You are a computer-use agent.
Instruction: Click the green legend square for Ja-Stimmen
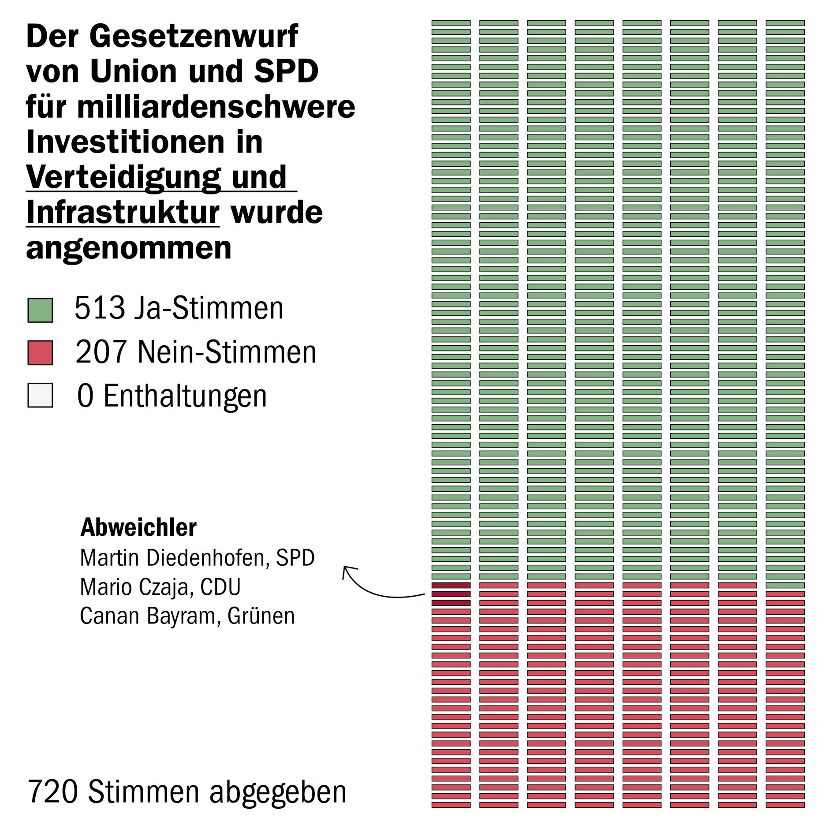click(40, 310)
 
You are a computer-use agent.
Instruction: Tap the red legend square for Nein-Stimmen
click(40, 352)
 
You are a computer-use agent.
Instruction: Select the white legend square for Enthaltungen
click(40, 395)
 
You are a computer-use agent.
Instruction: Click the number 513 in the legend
click(100, 308)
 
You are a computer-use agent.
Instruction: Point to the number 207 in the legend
click(101, 352)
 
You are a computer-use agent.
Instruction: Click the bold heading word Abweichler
click(138, 527)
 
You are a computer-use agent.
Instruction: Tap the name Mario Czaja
click(136, 587)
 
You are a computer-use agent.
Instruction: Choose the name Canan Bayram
click(148, 616)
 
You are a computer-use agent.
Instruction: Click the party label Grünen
click(261, 616)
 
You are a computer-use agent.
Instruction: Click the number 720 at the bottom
click(53, 792)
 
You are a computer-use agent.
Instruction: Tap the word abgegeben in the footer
click(278, 792)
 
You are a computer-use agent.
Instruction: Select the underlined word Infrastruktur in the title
click(123, 213)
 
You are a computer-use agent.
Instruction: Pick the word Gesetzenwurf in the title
click(194, 36)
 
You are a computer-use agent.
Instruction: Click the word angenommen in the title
click(129, 248)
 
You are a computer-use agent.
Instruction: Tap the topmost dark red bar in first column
click(451, 585)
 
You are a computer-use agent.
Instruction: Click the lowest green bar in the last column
click(785, 585)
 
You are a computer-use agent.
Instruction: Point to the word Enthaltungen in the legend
click(185, 396)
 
